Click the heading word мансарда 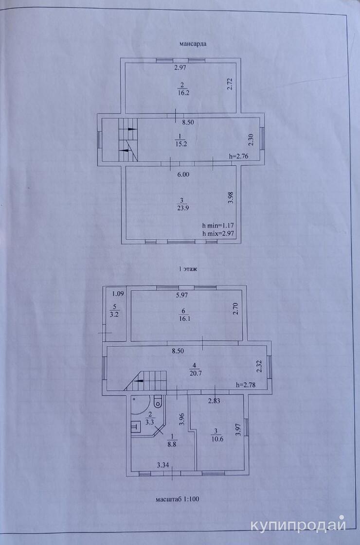193,44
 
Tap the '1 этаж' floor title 188,269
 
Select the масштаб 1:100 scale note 178,499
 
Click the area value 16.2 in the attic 183,93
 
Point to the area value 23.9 182,208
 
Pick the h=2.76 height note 238,156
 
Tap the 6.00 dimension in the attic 183,175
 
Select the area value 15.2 181,144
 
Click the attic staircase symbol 128,140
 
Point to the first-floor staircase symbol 146,381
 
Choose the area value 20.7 195,374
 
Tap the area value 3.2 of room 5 114,315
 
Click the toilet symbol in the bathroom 158,402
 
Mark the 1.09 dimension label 118,294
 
